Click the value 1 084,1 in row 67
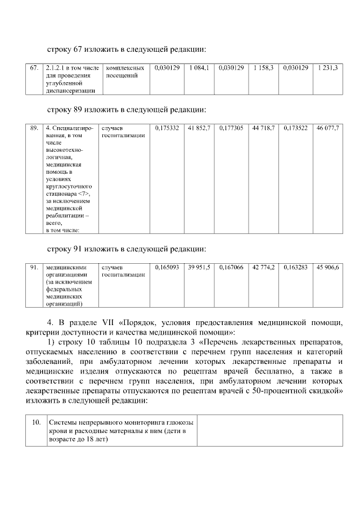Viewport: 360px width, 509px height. [x=199, y=68]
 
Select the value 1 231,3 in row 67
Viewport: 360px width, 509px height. [x=327, y=68]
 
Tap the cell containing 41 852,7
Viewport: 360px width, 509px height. [x=199, y=129]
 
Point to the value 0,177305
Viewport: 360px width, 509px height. [x=231, y=129]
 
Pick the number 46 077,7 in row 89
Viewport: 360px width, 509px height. [x=327, y=129]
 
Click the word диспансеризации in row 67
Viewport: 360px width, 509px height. [x=70, y=89]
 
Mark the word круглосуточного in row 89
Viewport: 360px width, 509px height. [x=69, y=186]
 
